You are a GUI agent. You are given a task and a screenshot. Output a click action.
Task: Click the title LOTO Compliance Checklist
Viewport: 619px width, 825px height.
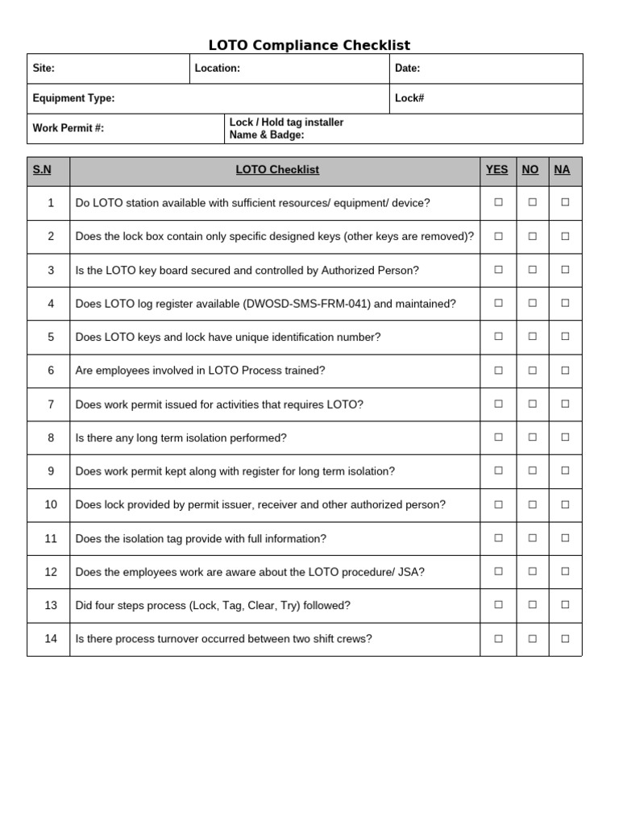pyautogui.click(x=309, y=45)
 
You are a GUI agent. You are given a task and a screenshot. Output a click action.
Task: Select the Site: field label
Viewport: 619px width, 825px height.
pyautogui.click(x=44, y=68)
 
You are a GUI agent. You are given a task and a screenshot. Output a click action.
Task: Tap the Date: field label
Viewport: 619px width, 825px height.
pyautogui.click(x=407, y=68)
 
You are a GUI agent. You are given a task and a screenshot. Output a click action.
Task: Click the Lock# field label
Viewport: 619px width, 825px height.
pyautogui.click(x=409, y=98)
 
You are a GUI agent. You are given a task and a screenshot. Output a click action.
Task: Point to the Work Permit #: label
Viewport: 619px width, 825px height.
pyautogui.click(x=68, y=128)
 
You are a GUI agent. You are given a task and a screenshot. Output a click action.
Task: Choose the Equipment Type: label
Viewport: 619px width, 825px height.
pyautogui.click(x=73, y=98)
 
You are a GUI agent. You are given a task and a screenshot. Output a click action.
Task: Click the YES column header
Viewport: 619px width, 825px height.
pyautogui.click(x=497, y=169)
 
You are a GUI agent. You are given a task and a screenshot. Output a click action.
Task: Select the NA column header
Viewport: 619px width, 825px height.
pyautogui.click(x=562, y=169)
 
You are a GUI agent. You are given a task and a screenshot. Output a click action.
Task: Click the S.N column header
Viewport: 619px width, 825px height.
pyautogui.click(x=42, y=169)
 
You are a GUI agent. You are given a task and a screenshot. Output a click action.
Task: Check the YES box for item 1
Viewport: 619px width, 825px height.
pyautogui.click(x=498, y=203)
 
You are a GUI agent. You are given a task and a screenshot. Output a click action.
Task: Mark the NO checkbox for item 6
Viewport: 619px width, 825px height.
pyautogui.click(x=532, y=371)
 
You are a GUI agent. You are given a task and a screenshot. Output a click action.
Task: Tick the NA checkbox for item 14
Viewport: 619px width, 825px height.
pyautogui.click(x=565, y=639)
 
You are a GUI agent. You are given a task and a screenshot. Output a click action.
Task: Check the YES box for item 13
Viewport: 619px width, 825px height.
pyautogui.click(x=498, y=605)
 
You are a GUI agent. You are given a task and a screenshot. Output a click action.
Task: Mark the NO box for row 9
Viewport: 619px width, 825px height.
pyautogui.click(x=532, y=471)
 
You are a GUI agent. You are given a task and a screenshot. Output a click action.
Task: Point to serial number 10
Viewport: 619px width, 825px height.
pyautogui.click(x=51, y=504)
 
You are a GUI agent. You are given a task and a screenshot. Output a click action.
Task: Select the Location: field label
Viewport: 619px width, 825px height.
pyautogui.click(x=218, y=68)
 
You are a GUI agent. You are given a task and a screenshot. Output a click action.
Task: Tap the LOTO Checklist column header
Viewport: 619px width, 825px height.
pyautogui.click(x=277, y=169)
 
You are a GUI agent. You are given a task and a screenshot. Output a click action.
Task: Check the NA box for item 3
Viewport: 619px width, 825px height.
pyautogui.click(x=565, y=270)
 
